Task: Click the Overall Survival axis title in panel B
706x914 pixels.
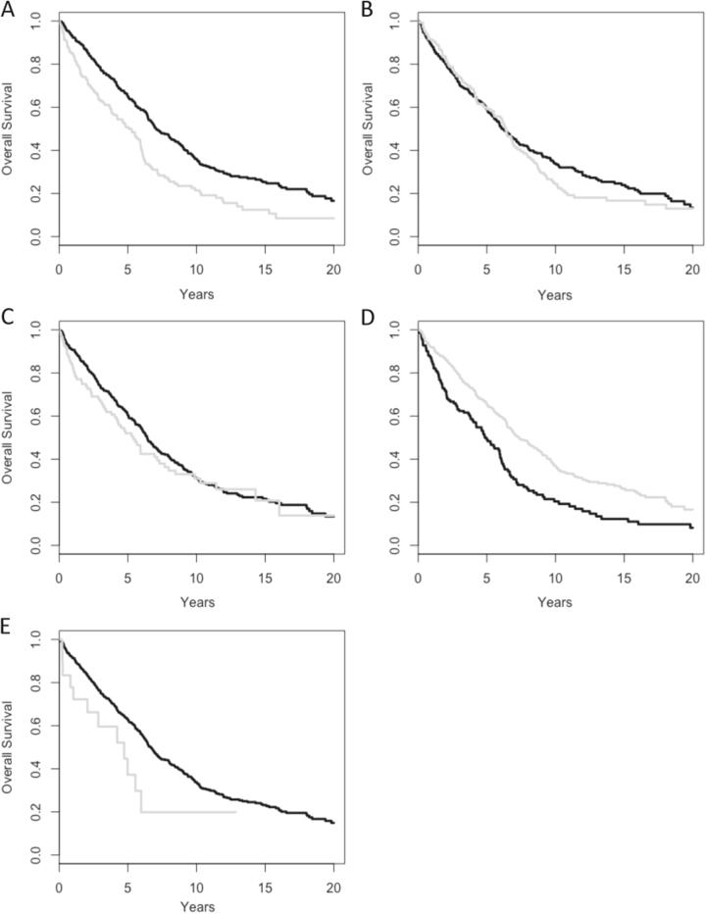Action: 368,129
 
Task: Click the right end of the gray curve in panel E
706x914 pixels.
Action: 236,812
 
